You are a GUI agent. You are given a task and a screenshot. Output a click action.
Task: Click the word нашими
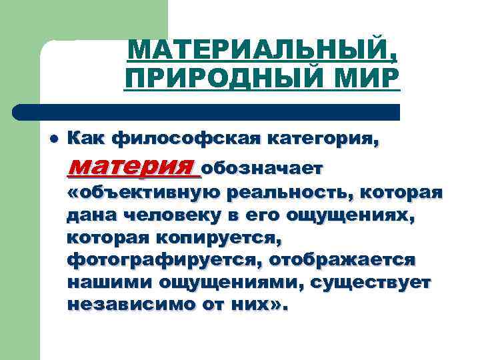[109, 282]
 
